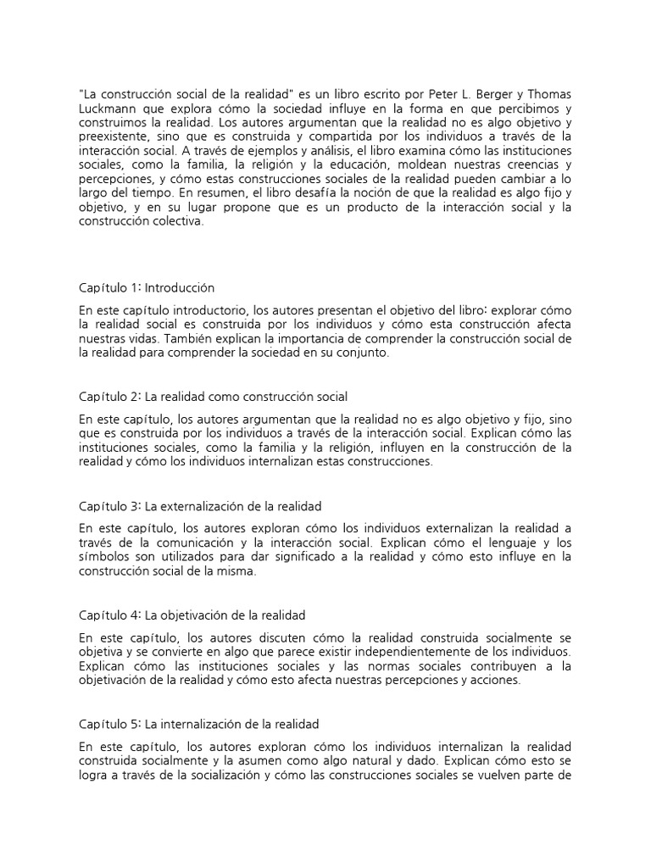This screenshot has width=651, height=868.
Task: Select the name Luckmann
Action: (x=108, y=108)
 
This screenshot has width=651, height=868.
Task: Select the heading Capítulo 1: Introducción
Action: (x=147, y=287)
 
